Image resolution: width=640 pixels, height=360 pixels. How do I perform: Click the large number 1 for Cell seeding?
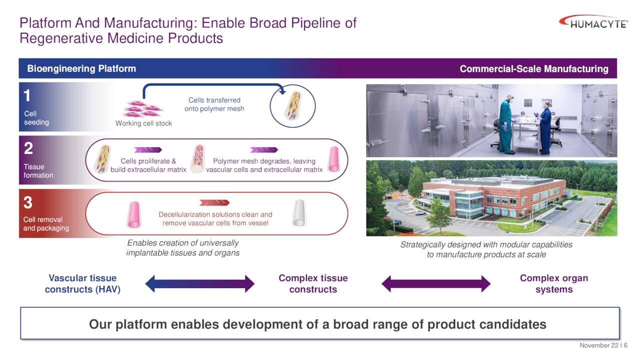(27, 95)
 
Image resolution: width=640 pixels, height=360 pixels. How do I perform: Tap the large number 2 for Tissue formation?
(28, 148)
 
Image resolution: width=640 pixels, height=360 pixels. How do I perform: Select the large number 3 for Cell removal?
(28, 202)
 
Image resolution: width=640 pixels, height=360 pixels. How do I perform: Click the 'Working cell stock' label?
(143, 123)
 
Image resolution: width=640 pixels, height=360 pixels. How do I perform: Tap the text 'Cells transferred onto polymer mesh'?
(214, 104)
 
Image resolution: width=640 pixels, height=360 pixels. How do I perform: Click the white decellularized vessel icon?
(299, 213)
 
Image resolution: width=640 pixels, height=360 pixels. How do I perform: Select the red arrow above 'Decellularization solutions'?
(214, 202)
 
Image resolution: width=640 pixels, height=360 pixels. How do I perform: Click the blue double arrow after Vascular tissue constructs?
(199, 283)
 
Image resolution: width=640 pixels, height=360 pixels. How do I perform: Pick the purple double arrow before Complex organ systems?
(435, 283)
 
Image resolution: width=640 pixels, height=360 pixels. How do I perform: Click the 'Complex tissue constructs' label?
(313, 283)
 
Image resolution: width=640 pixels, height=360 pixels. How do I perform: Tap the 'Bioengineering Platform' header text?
(81, 68)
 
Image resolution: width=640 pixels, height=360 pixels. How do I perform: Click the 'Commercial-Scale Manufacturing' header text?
(533, 69)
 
